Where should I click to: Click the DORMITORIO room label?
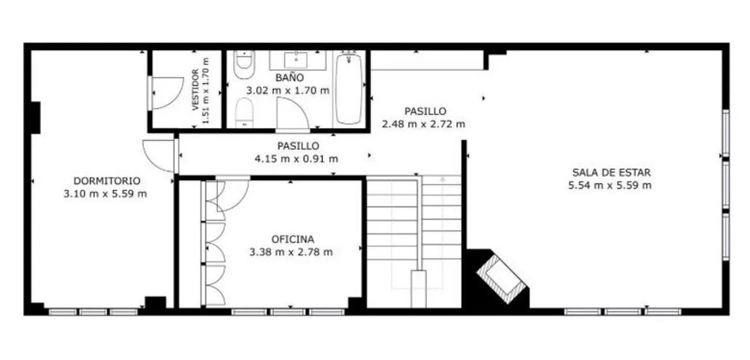click(107, 181)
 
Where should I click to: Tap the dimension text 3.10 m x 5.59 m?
click(105, 194)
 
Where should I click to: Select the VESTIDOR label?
click(196, 90)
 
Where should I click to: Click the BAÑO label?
click(290, 77)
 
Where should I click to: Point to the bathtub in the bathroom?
click(349, 89)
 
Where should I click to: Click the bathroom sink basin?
click(296, 60)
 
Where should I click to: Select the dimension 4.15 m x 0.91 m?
click(297, 159)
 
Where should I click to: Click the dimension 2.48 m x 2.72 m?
click(423, 124)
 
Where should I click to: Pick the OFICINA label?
click(292, 239)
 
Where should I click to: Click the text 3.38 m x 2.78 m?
click(291, 252)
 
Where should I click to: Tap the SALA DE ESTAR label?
click(612, 172)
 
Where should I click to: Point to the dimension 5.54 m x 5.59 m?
click(610, 185)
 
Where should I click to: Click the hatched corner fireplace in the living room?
click(501, 279)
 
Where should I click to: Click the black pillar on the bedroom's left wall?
click(36, 118)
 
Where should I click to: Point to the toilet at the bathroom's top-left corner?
click(244, 64)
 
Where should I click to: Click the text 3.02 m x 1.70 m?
click(288, 91)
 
